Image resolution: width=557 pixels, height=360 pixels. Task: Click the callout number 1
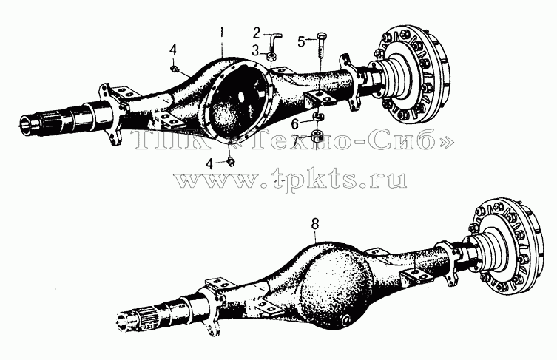click(222, 33)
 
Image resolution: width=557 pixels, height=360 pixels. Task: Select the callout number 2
click(257, 34)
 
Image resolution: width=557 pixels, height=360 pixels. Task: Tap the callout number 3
click(255, 51)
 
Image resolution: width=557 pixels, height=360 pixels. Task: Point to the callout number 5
click(301, 42)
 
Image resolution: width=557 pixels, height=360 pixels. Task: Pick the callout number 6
click(296, 124)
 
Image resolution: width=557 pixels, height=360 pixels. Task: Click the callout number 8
click(314, 224)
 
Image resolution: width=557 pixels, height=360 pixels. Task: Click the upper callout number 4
click(172, 50)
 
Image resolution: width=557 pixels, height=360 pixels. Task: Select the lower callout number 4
click(210, 164)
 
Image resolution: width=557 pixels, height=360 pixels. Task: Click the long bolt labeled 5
click(320, 48)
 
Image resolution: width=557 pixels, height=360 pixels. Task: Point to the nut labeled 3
click(271, 56)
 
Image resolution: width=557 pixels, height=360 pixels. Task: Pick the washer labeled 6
click(317, 117)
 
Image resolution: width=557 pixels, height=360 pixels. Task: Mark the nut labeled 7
click(317, 136)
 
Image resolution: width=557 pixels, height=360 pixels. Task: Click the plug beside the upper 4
click(175, 68)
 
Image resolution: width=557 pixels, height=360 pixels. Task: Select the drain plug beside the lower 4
click(232, 161)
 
